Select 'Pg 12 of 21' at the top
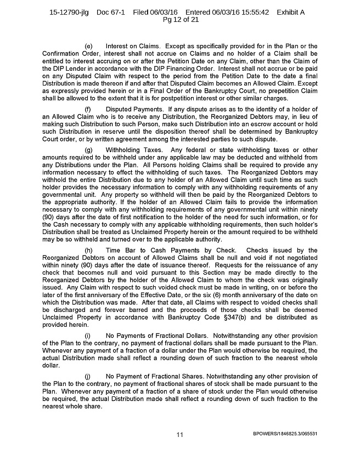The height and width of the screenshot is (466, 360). coord(179,20)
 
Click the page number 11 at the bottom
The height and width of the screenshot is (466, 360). coord(179,435)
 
